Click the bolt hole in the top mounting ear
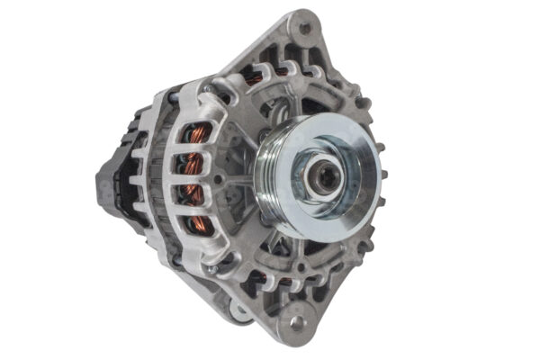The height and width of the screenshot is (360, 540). pyautogui.click(x=305, y=28)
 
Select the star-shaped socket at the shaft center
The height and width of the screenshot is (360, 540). pyautogui.click(x=325, y=175)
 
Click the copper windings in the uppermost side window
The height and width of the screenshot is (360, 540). pyautogui.click(x=200, y=135)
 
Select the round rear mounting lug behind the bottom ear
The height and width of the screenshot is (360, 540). pyautogui.click(x=241, y=310)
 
